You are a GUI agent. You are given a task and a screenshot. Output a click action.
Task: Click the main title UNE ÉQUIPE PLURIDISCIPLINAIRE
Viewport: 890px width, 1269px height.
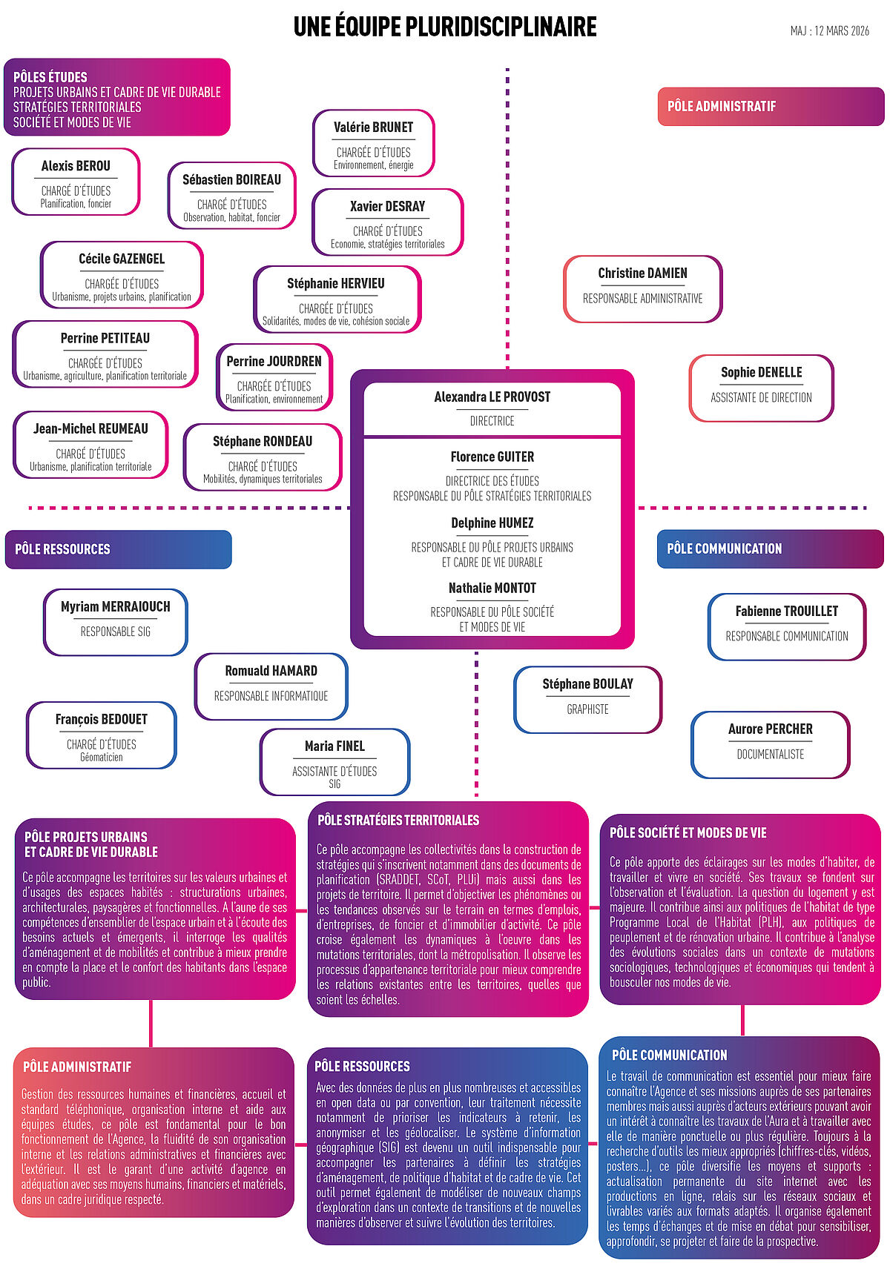[445, 27]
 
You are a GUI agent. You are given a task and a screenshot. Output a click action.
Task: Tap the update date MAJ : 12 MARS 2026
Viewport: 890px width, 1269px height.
[829, 31]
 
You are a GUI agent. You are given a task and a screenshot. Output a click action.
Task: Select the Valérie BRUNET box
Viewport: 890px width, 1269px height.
[373, 144]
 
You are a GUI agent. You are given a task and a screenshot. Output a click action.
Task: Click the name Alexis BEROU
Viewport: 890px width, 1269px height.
[76, 166]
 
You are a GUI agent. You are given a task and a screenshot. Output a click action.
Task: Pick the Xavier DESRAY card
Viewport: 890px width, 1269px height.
[387, 222]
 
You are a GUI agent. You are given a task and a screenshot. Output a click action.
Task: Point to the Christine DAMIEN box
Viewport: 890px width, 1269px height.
[642, 289]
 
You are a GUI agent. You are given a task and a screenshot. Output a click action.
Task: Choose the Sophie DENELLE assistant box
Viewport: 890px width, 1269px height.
[761, 388]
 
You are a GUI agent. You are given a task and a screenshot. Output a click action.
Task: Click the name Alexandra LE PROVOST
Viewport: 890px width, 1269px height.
[492, 397]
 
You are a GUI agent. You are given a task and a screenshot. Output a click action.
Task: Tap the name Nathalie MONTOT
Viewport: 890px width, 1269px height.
[492, 588]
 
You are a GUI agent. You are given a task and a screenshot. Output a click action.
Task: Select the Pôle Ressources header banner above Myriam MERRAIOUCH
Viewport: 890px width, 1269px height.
[119, 549]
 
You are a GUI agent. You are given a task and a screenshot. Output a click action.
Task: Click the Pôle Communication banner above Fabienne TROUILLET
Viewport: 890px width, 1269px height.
[770, 549]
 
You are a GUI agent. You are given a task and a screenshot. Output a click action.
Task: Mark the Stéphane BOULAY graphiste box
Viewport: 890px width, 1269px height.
[587, 700]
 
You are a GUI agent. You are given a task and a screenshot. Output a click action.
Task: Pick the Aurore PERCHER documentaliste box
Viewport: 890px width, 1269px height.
[770, 744]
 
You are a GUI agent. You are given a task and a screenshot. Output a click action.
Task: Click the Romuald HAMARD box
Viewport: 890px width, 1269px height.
[271, 686]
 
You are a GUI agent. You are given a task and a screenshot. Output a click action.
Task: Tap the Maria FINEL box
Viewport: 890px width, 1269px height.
[334, 762]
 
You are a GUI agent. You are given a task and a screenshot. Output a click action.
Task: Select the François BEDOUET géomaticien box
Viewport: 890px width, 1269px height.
[102, 735]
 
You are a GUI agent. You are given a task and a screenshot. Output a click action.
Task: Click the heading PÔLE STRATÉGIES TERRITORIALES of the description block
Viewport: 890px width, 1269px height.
[398, 820]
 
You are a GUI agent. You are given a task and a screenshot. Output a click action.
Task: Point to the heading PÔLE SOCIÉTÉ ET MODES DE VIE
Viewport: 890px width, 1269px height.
[688, 832]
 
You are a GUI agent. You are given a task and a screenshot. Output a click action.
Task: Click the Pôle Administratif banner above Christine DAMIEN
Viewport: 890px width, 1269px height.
[771, 106]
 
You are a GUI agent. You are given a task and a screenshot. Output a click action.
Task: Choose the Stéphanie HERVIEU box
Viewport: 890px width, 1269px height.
[336, 299]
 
